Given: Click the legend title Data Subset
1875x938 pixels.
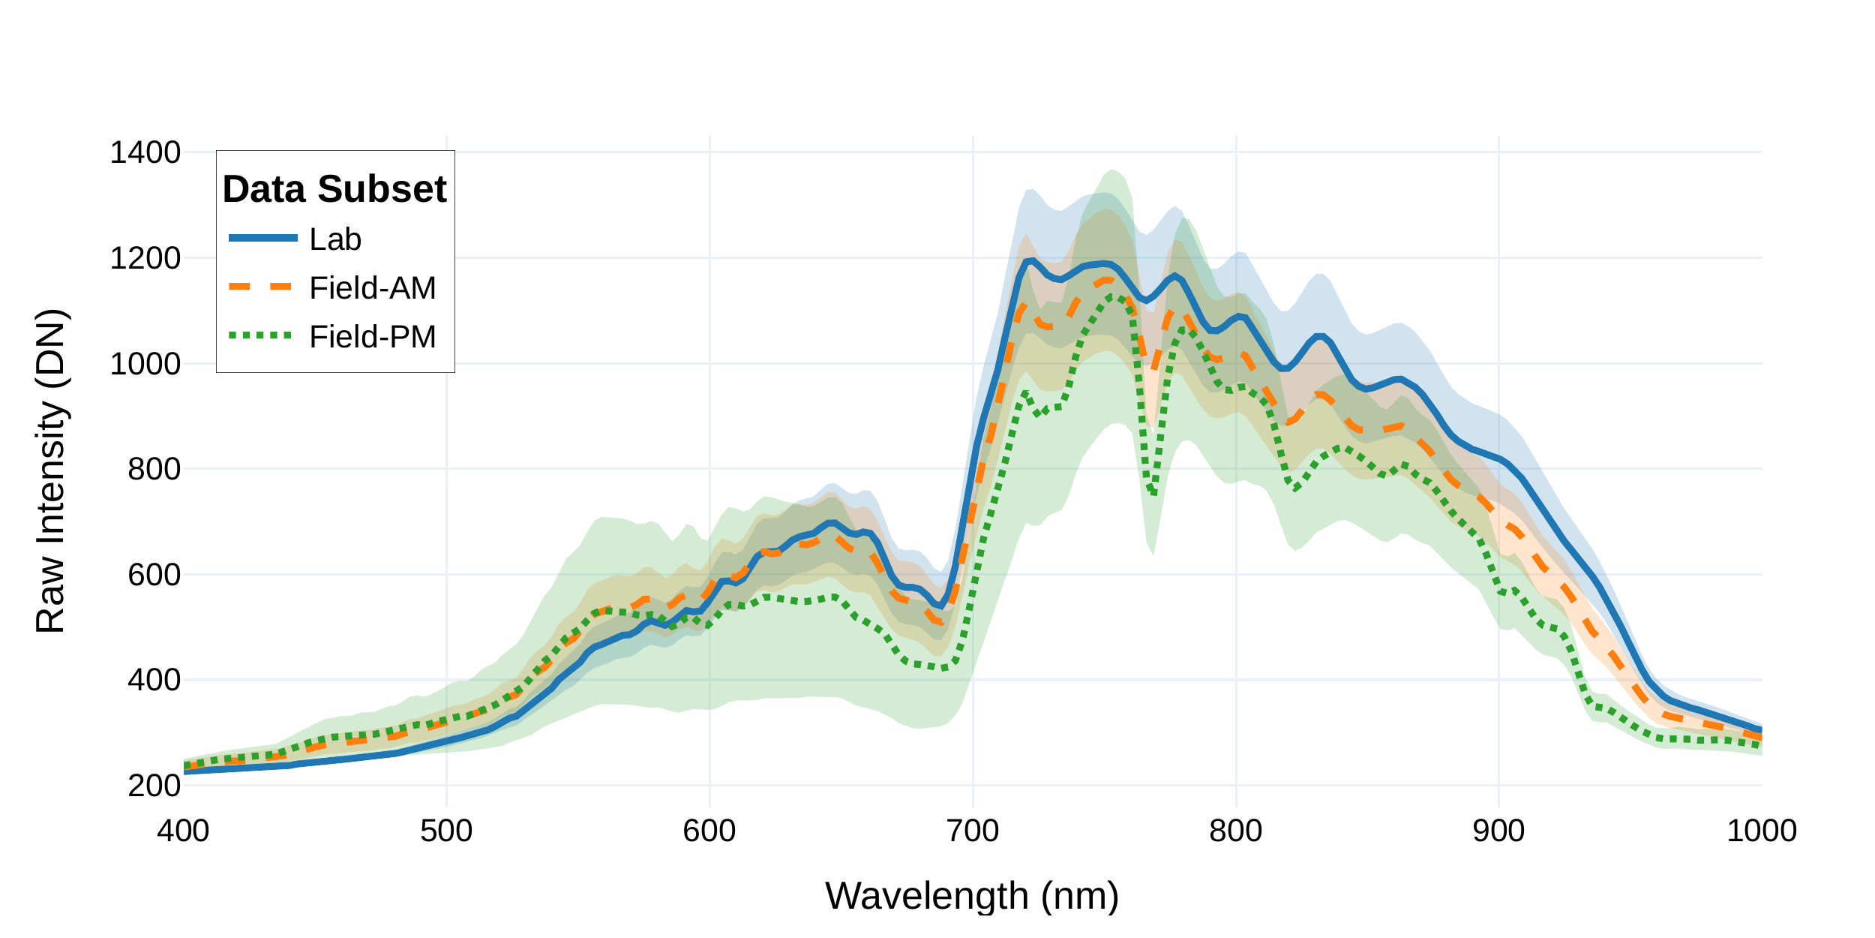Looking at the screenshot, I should click(334, 189).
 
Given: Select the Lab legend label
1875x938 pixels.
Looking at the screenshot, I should click(335, 239).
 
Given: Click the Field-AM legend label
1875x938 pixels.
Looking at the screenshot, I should click(372, 288).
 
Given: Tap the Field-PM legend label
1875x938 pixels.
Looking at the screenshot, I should click(372, 337).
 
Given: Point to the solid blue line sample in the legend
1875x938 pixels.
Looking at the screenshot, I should click(262, 238).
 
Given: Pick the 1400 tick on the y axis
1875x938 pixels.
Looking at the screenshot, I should click(145, 152).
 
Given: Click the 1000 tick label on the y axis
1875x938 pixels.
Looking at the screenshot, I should click(145, 364).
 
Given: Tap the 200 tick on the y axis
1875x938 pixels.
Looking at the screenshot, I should click(154, 786).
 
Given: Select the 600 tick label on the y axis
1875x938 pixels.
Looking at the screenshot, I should click(154, 575).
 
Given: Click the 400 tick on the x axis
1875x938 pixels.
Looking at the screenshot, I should click(183, 831).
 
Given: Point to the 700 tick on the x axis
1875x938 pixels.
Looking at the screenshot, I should click(973, 831).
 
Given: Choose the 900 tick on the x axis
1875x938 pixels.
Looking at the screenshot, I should click(1498, 831).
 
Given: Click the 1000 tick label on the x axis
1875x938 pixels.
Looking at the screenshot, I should click(1761, 831).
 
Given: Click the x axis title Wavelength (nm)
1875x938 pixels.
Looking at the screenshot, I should click(972, 896).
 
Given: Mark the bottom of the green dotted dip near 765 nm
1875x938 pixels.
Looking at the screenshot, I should click(1153, 492).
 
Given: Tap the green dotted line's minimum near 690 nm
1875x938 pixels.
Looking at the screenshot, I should click(945, 666).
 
